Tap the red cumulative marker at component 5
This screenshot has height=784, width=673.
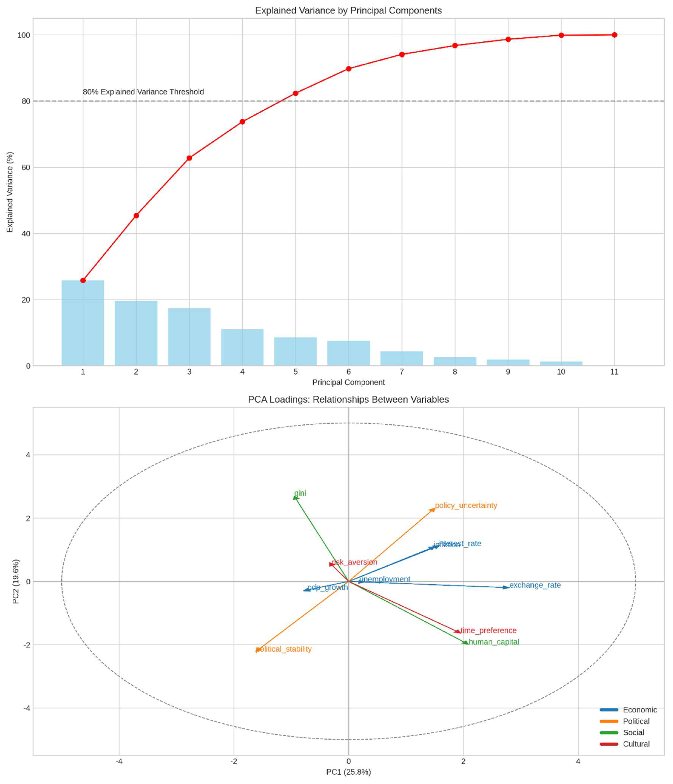pyautogui.click(x=296, y=93)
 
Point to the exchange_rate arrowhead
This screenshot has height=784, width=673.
pyautogui.click(x=506, y=587)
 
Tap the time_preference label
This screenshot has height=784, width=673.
pyautogui.click(x=488, y=630)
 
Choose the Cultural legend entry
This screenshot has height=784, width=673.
pyautogui.click(x=636, y=744)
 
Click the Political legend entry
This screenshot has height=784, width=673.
pyautogui.click(x=636, y=721)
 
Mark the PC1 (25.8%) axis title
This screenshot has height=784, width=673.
pyautogui.click(x=348, y=772)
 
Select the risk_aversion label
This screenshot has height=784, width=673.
pyautogui.click(x=354, y=562)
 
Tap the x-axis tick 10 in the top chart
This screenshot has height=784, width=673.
pyautogui.click(x=561, y=372)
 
